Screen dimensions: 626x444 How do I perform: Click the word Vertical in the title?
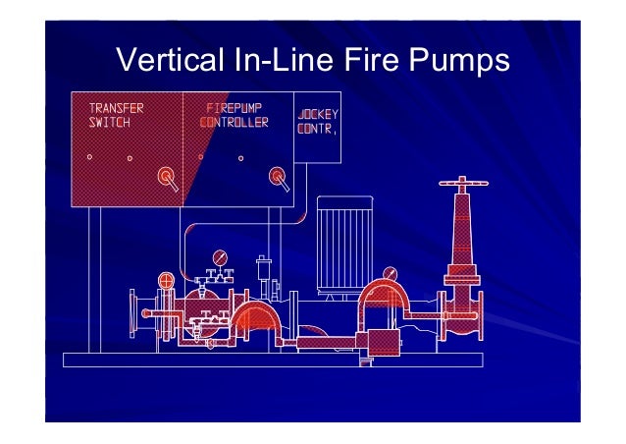point(166,62)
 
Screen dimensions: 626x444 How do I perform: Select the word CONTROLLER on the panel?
point(234,123)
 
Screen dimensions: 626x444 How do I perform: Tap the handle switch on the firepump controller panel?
point(279,177)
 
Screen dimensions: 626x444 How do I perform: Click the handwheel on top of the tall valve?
point(461,184)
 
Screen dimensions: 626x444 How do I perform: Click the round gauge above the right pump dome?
point(391,273)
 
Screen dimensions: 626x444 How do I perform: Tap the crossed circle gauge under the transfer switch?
point(166,282)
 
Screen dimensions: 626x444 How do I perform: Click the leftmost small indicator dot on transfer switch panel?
point(89,156)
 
